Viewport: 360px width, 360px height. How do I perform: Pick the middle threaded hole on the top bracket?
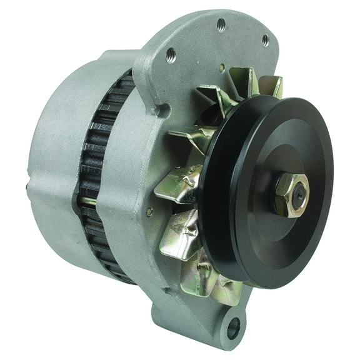[221, 24]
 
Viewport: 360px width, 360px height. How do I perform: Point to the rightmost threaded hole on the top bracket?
[265, 40]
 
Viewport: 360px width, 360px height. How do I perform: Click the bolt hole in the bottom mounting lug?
[234, 325]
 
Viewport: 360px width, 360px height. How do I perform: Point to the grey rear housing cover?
[56, 162]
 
